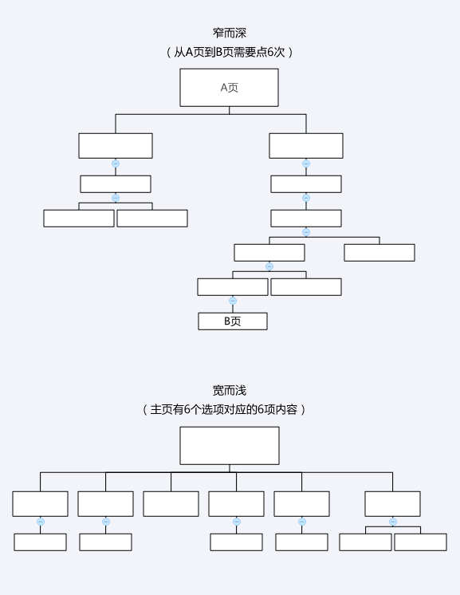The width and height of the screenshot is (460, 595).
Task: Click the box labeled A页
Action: pos(229,88)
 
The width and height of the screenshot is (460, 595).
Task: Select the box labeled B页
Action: pos(233,321)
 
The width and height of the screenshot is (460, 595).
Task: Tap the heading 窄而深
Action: pos(230,33)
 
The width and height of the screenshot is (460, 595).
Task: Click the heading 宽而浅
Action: pos(230,391)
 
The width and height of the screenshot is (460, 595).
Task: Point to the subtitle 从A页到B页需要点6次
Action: pos(230,52)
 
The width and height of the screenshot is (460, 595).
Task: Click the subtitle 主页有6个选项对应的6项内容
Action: pos(224,409)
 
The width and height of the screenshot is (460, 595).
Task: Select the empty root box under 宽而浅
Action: pos(230,446)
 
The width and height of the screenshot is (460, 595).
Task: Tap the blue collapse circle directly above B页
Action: pos(233,301)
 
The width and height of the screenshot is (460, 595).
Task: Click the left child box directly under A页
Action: pos(116,146)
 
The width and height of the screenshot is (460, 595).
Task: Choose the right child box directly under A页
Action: pos(306,146)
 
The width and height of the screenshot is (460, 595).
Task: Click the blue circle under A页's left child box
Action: pos(116,164)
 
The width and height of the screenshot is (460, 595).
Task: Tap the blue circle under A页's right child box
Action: pos(306,164)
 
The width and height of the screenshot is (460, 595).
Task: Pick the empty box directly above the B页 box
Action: pos(233,287)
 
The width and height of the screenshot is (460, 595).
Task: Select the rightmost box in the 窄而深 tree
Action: pos(379,253)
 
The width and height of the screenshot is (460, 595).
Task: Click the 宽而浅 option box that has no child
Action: pos(171,504)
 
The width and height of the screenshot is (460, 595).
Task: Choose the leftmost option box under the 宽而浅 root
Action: pos(40,504)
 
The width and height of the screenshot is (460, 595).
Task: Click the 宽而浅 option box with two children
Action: pos(392,504)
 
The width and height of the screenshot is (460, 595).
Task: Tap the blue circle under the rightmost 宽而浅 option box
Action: pos(393,522)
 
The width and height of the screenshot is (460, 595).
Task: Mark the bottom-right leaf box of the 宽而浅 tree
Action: pos(421,542)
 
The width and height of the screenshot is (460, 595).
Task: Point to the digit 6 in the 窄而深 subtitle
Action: pos(271,52)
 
